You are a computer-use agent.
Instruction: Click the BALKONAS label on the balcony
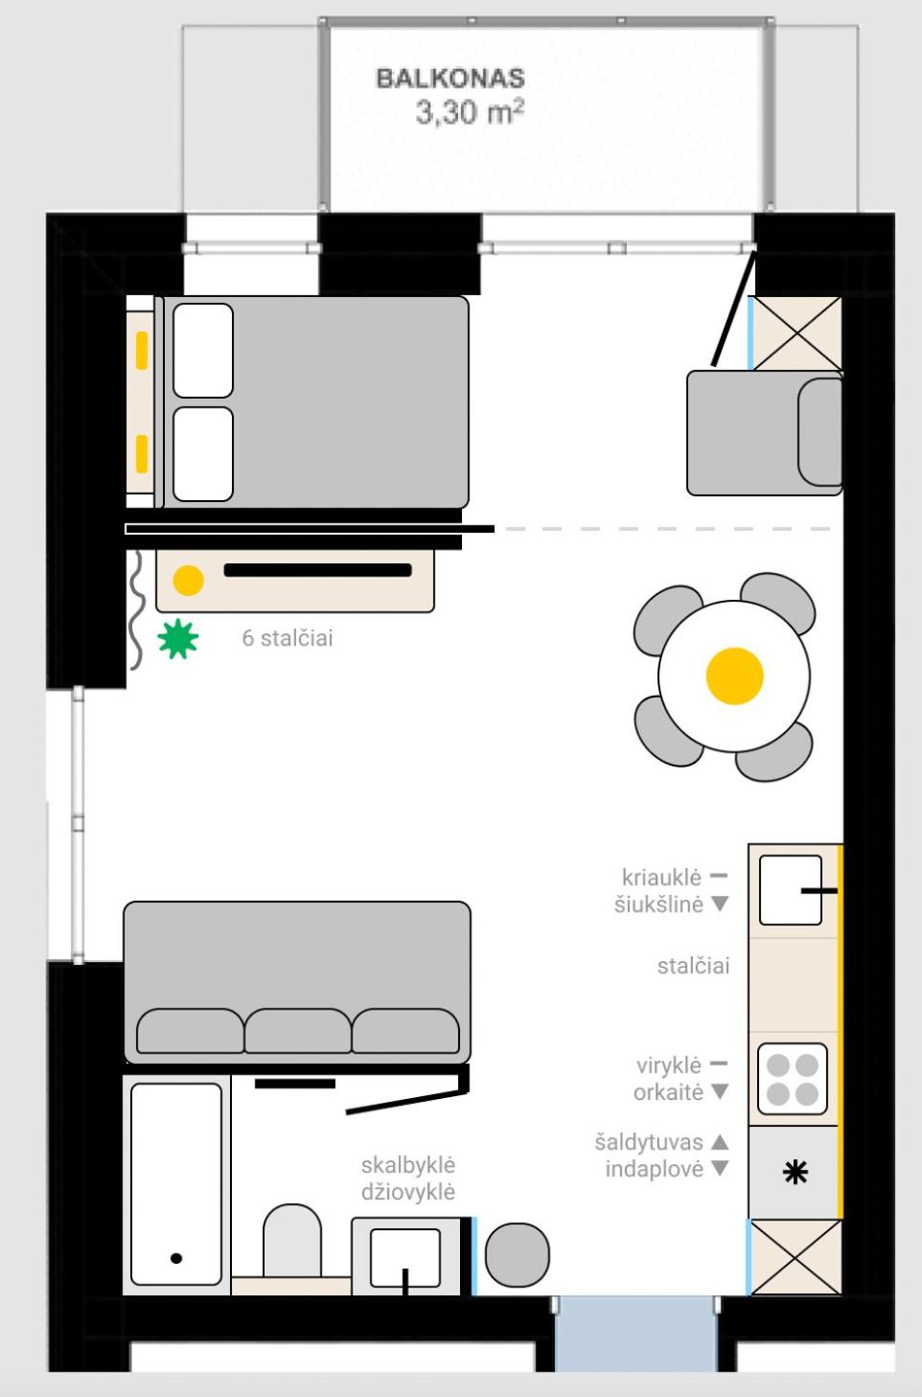(x=450, y=79)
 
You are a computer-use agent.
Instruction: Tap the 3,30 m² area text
(x=470, y=112)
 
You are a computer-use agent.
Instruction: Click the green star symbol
(x=178, y=639)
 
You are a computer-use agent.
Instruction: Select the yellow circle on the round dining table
(x=734, y=676)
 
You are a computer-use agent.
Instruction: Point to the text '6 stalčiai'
(x=288, y=638)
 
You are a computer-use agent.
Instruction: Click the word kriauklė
(x=661, y=878)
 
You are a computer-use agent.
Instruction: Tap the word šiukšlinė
(x=658, y=905)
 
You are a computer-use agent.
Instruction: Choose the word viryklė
(x=669, y=1065)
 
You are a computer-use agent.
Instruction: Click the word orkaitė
(x=668, y=1092)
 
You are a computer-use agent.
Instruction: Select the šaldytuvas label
(x=649, y=1142)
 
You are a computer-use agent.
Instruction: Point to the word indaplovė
(x=655, y=1169)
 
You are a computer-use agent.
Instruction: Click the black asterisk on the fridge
(x=795, y=1173)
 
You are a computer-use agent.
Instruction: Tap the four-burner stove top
(x=793, y=1080)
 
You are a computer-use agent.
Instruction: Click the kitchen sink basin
(x=791, y=890)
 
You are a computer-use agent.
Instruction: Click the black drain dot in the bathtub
(x=176, y=1258)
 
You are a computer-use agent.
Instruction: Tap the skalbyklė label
(x=408, y=1165)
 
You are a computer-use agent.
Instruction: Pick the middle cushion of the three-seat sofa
(x=297, y=1031)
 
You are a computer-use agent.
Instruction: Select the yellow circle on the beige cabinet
(x=188, y=581)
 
